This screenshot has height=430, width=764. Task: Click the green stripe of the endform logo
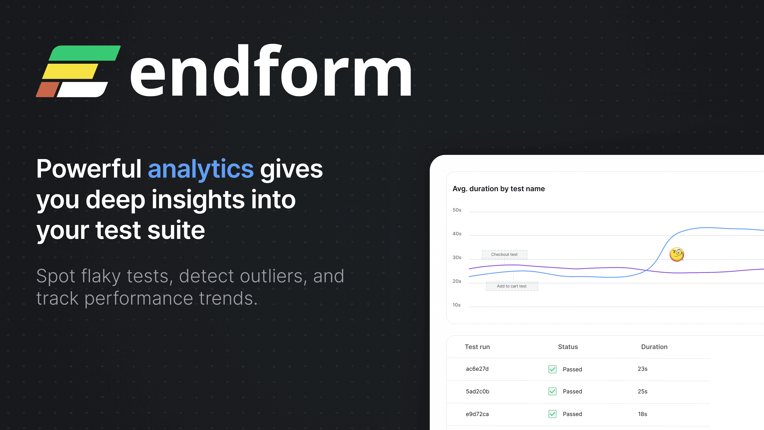click(85, 53)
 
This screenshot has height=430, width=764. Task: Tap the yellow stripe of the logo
click(70, 71)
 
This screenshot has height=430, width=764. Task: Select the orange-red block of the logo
click(48, 90)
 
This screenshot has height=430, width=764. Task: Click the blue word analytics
click(201, 169)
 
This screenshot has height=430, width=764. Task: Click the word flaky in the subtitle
click(101, 277)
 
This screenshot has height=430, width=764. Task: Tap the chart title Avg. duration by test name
click(499, 189)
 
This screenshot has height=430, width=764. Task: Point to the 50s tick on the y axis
click(457, 210)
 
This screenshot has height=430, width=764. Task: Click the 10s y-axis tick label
click(456, 305)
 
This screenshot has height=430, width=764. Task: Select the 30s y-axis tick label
click(457, 257)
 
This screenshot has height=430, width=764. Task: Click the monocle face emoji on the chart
click(676, 254)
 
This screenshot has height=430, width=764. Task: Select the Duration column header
click(654, 347)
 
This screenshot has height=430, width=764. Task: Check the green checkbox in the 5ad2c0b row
click(553, 391)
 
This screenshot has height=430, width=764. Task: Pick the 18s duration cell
click(642, 414)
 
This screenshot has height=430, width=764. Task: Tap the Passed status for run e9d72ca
click(572, 414)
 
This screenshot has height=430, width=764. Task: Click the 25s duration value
click(643, 391)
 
